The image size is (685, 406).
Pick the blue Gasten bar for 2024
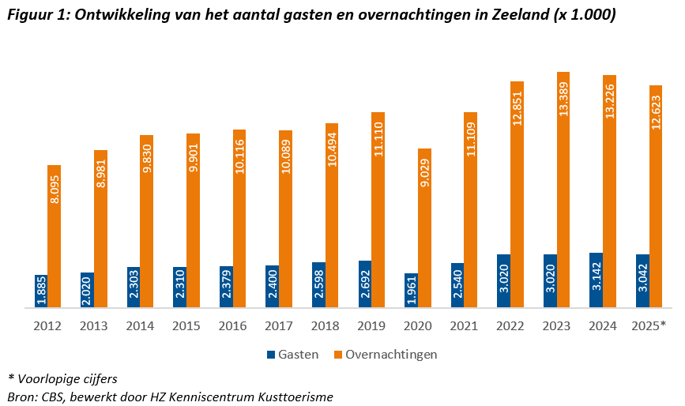[x=596, y=280]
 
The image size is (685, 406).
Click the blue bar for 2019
[x=365, y=284]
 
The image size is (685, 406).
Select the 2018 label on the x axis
[x=325, y=325]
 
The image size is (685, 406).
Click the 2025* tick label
[x=649, y=325]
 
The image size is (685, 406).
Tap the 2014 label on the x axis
[x=140, y=325]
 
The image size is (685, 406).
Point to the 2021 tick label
[x=464, y=325]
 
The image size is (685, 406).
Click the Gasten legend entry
[x=292, y=354]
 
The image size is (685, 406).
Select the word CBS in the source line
[x=54, y=397]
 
